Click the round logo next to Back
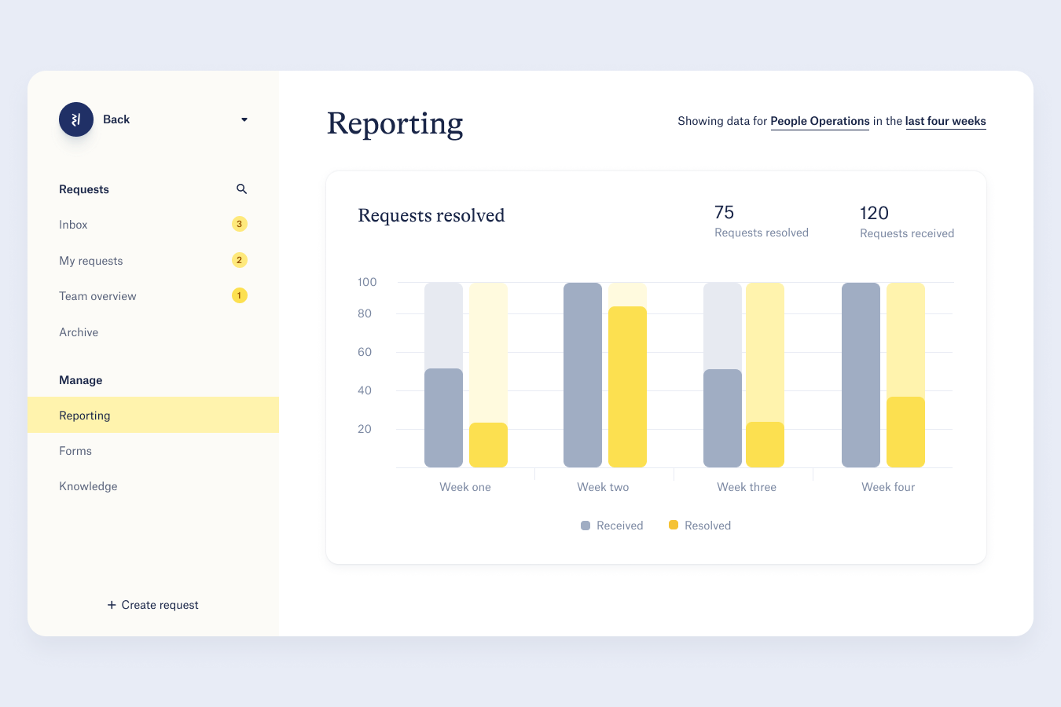76,119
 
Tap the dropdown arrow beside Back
244,119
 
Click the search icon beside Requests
241,189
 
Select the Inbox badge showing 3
240,224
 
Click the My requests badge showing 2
240,260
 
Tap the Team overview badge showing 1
240,295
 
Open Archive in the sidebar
79,332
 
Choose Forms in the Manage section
75,451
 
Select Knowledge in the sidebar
88,486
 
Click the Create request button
153,605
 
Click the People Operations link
820,121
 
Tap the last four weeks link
945,121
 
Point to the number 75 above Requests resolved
724,212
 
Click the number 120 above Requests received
874,213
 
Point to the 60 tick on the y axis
365,352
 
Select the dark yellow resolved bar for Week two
627,386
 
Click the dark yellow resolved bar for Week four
905,432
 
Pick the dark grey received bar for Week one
443,418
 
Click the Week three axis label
747,487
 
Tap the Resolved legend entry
700,526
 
